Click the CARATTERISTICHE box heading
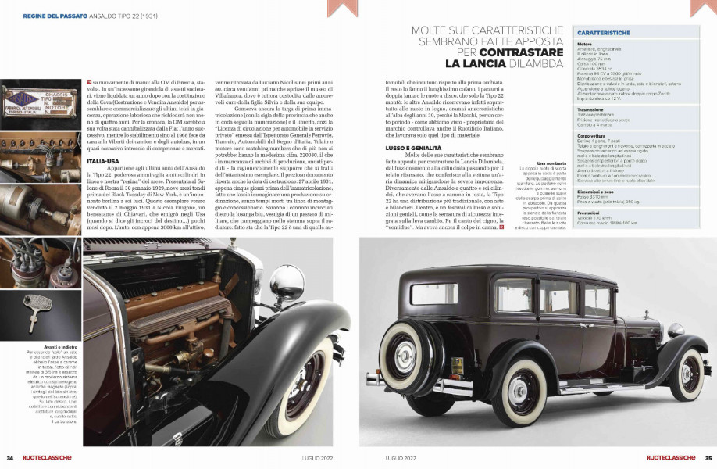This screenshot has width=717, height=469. (605, 34)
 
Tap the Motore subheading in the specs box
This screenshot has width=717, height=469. (584, 44)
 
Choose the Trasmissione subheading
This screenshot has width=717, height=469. (593, 111)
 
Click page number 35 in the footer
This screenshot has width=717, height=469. (708, 458)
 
